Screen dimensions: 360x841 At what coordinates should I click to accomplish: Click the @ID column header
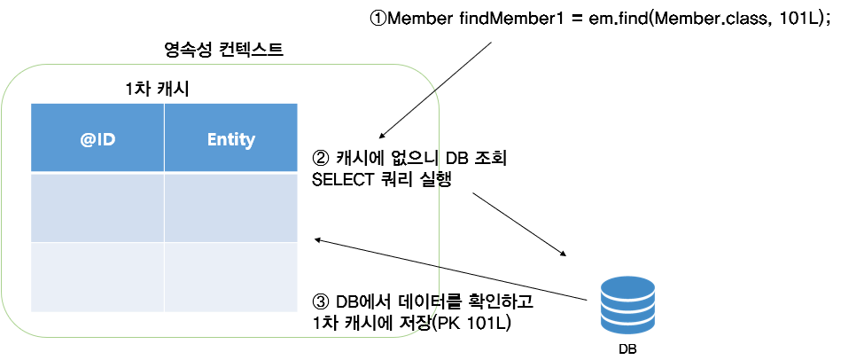[x=97, y=138]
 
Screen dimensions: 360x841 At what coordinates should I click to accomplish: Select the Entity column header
[x=230, y=138]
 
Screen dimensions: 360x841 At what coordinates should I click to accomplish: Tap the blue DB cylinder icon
[x=627, y=303]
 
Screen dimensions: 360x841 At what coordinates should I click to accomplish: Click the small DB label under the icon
[x=627, y=348]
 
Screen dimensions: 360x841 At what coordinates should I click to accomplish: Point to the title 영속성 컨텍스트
[x=218, y=51]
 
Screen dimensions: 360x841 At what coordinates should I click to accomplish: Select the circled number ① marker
[x=378, y=20]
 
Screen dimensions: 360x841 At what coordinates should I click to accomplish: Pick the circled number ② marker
[x=322, y=160]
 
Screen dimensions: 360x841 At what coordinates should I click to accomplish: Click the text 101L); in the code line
[x=803, y=20]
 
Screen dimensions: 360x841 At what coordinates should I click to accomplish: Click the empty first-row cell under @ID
[x=97, y=207]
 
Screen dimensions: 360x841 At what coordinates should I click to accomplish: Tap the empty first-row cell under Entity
[x=230, y=207]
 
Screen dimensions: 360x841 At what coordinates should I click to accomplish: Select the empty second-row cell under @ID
[x=97, y=277]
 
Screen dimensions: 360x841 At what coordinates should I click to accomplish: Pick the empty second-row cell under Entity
[x=230, y=277]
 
